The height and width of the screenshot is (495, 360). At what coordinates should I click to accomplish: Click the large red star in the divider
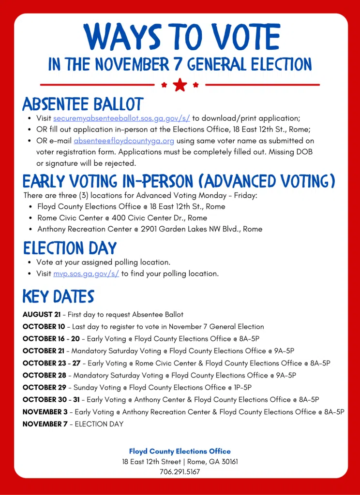[x=180, y=85]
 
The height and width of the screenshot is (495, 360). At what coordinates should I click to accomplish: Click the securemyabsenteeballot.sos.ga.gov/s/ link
[x=121, y=118]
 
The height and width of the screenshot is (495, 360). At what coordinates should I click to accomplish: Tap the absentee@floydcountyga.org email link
[x=124, y=141]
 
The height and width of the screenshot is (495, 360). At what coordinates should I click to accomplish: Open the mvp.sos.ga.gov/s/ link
[x=86, y=274]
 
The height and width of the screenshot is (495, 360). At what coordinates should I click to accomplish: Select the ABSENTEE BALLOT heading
[x=83, y=104]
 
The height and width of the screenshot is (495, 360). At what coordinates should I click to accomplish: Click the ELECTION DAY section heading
[x=70, y=248]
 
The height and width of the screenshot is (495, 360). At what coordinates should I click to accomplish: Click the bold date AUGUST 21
[x=42, y=315]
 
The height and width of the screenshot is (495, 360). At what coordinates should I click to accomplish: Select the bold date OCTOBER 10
[x=44, y=327]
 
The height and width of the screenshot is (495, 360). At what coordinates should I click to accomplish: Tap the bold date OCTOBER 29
[x=45, y=388]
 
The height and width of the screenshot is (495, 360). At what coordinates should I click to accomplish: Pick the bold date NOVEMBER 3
[x=45, y=412]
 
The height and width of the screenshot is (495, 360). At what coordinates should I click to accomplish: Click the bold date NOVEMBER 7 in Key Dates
[x=45, y=424]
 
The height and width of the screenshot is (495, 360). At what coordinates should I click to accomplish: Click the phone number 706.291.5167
[x=180, y=472]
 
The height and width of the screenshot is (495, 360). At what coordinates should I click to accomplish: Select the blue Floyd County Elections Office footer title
[x=180, y=451]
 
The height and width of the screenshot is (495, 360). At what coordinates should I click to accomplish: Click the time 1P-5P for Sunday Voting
[x=241, y=388]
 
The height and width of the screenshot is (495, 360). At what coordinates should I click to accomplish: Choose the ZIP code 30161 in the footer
[x=227, y=462]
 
